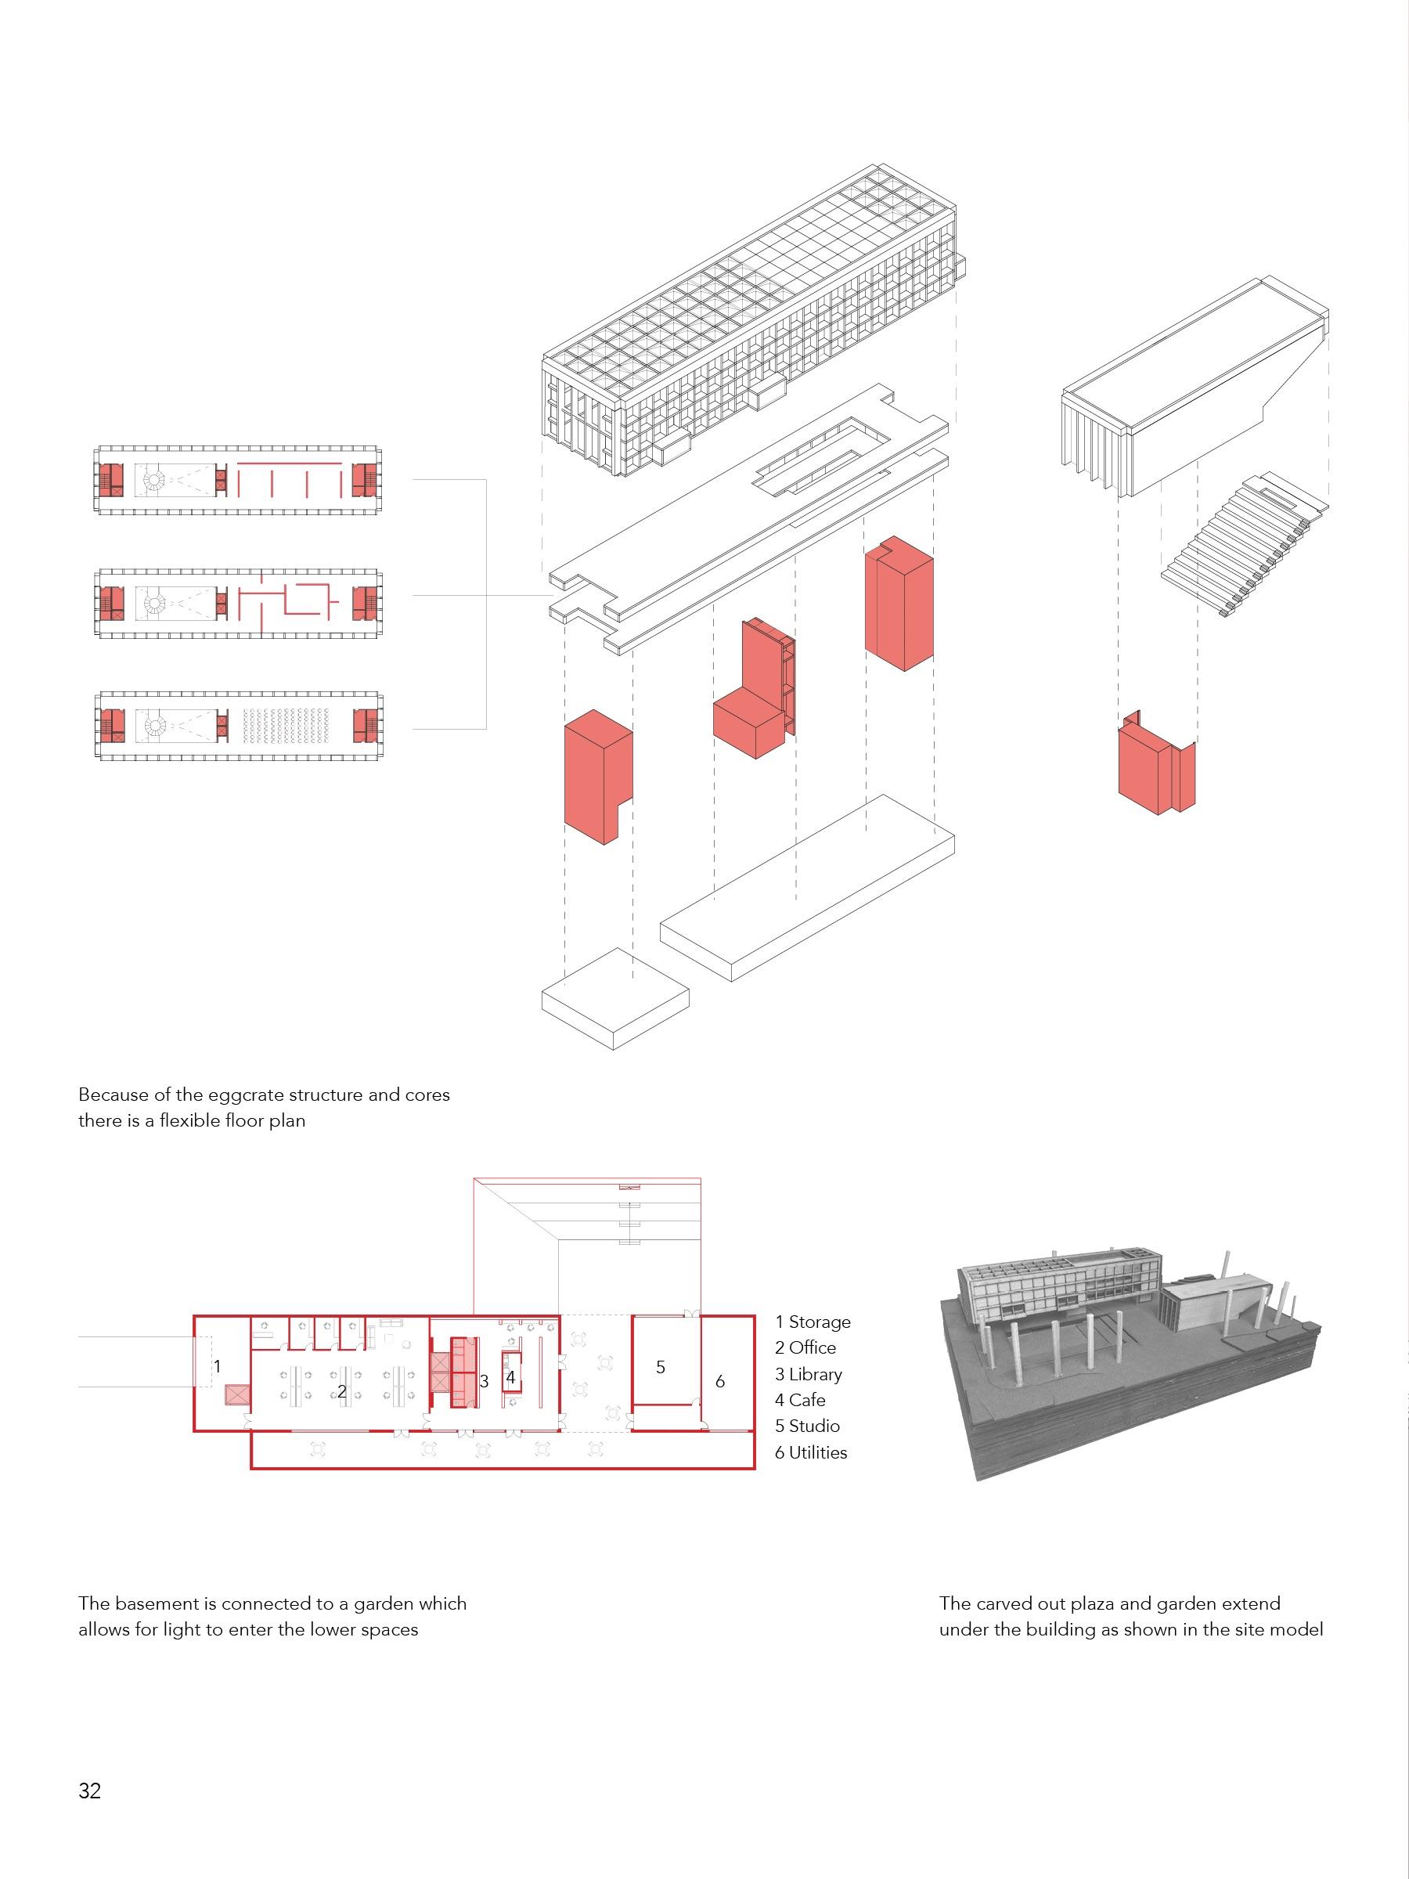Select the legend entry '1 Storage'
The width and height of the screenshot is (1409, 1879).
[812, 1322]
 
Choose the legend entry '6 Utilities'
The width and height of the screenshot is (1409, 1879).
[810, 1452]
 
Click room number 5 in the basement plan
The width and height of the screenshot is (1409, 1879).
[661, 1368]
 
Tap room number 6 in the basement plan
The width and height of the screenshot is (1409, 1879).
[720, 1381]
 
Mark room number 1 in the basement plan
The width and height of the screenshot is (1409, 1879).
[218, 1367]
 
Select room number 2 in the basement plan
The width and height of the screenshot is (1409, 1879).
[341, 1391]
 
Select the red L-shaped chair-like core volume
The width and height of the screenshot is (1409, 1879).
[752, 692]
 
